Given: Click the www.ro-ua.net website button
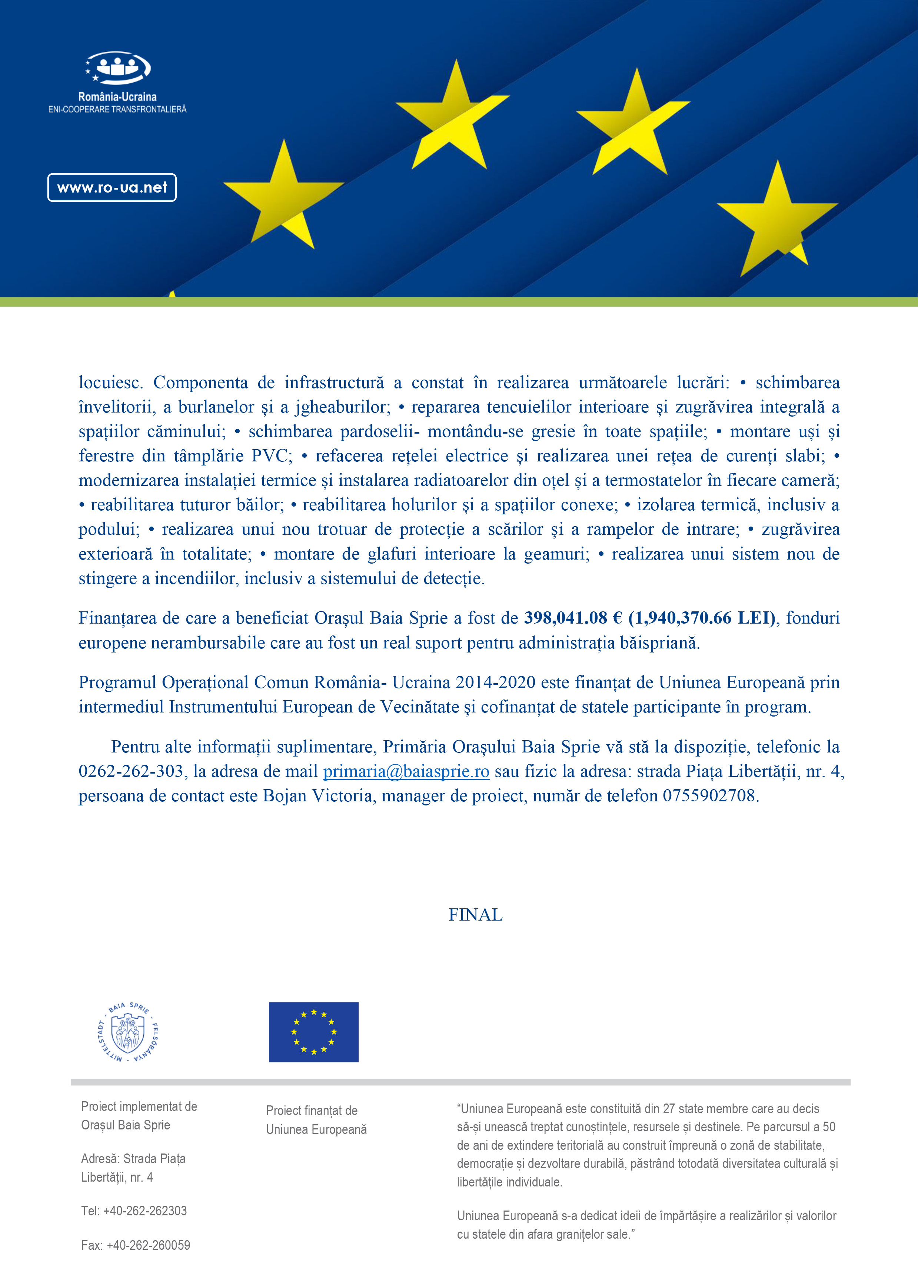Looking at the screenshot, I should click(x=112, y=188).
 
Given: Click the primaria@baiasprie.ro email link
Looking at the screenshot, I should click(x=406, y=771).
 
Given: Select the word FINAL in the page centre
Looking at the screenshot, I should click(x=475, y=915).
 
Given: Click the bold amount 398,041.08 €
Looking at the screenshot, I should click(x=573, y=618).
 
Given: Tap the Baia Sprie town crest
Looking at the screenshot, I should click(x=128, y=1033).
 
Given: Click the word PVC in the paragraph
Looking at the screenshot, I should click(x=270, y=456).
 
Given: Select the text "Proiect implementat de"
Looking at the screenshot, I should click(x=139, y=1106).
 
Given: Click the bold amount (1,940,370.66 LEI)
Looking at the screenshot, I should click(x=702, y=618).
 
